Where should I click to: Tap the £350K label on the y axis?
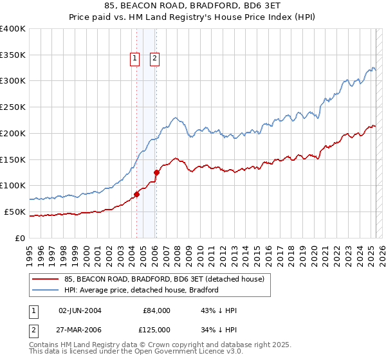13,55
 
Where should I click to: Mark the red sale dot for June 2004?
136,194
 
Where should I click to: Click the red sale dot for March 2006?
156,172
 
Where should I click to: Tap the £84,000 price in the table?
156,310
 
